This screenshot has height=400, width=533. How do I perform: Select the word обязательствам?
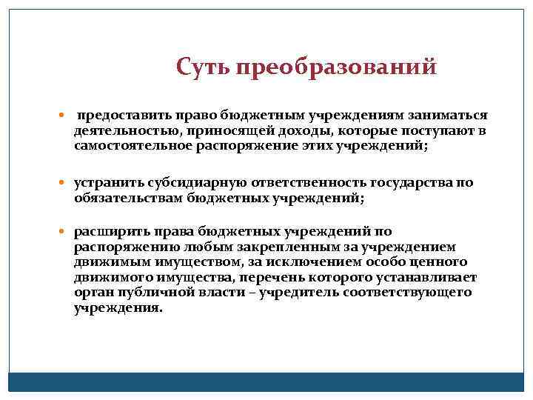122,199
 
